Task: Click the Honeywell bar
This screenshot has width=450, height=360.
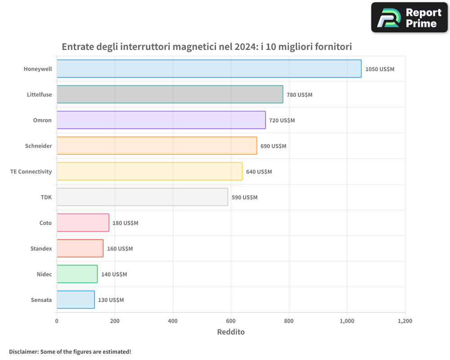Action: (209, 69)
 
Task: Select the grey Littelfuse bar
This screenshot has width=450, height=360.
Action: (170, 94)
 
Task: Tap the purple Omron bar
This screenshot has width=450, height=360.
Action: (161, 120)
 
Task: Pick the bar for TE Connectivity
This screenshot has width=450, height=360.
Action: (149, 171)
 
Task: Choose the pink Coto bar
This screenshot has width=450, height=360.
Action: (83, 223)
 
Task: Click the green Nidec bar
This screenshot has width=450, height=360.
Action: (77, 274)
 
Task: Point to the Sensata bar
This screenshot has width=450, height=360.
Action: (76, 300)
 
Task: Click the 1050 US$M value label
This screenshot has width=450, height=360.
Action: (379, 69)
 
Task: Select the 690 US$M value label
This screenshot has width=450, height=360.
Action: (273, 146)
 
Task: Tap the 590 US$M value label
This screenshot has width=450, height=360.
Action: (244, 198)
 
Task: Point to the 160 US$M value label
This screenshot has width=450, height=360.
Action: (120, 249)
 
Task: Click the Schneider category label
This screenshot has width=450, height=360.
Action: (38, 146)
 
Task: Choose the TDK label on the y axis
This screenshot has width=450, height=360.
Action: (46, 197)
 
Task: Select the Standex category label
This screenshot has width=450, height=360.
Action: (41, 248)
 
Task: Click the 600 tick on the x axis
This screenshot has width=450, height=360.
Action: (231, 321)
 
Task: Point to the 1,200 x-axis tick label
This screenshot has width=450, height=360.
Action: (405, 321)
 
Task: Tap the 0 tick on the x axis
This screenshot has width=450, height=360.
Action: (57, 321)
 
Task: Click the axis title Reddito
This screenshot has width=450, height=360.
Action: (230, 332)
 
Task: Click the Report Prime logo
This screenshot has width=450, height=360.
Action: (409, 18)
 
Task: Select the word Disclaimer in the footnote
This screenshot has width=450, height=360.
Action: (23, 351)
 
